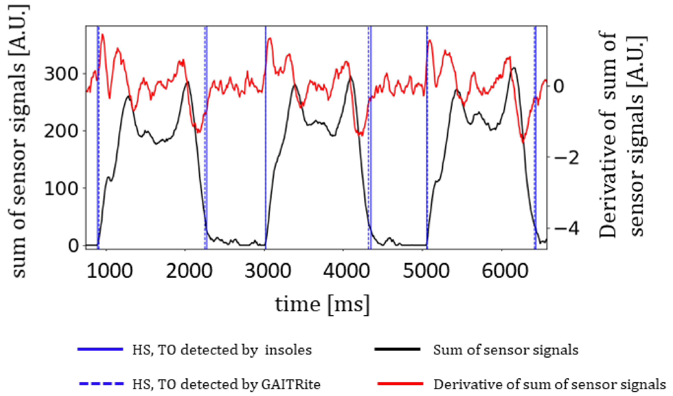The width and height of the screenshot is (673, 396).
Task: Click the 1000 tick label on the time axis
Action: pyautogui.click(x=110, y=271)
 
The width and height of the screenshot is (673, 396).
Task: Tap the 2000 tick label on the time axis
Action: pyautogui.click(x=189, y=271)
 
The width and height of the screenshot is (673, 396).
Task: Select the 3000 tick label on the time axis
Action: pyautogui.click(x=268, y=271)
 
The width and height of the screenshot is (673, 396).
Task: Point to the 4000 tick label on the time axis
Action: pyautogui.click(x=346, y=271)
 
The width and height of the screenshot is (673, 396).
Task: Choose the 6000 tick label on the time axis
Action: pyautogui.click(x=505, y=271)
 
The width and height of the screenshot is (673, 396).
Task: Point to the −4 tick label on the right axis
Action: pyautogui.click(x=566, y=229)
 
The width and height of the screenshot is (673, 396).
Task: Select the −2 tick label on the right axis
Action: pyautogui.click(x=566, y=157)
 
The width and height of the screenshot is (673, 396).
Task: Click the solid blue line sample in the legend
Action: pyautogui.click(x=100, y=349)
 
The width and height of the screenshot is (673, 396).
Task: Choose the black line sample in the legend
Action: pyautogui.click(x=398, y=349)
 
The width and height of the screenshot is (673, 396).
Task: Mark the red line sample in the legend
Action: pyautogui.click(x=400, y=384)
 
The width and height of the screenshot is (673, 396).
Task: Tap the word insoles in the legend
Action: pyautogui.click(x=288, y=350)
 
